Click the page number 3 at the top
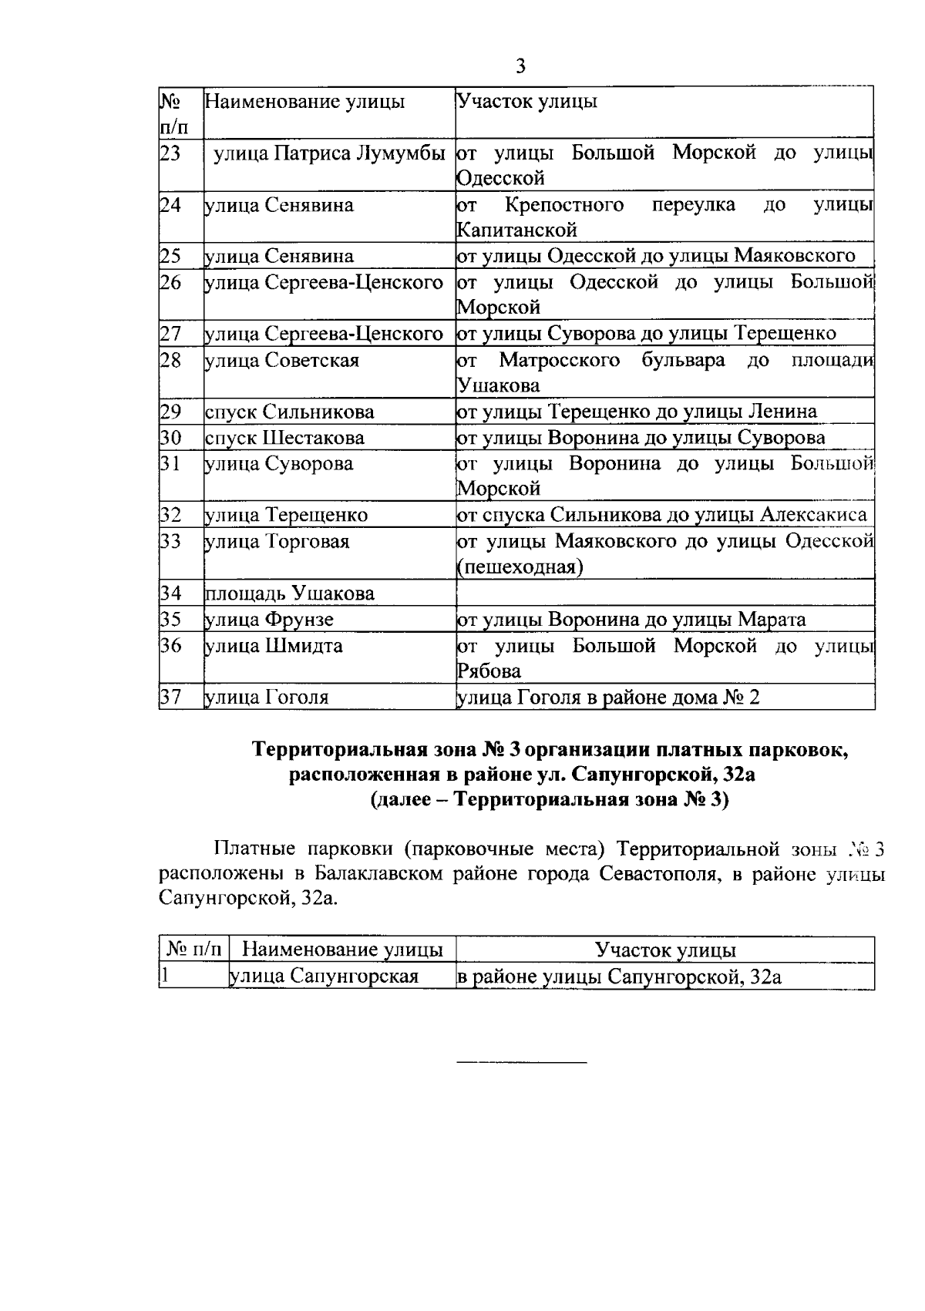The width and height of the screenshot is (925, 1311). coord(520,66)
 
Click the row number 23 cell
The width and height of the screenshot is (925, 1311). coord(170,153)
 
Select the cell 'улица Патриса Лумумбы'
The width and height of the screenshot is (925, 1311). coord(329,153)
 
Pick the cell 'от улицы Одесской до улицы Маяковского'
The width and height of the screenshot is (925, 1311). coord(656,256)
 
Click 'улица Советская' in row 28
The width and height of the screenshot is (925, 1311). coord(282,360)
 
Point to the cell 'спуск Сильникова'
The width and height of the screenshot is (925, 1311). coord(290,412)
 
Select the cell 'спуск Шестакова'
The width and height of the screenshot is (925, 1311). coord(285,438)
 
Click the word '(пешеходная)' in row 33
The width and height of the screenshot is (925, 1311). coord(520,567)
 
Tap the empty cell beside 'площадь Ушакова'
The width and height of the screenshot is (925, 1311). coord(664,593)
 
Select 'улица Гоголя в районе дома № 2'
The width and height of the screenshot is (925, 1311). coord(608,698)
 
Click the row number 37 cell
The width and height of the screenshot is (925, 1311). coord(170,698)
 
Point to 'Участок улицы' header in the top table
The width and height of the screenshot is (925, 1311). coord(527,102)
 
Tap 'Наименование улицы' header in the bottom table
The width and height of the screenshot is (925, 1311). coord(342,950)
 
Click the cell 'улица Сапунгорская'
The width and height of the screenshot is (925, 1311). coord(325,977)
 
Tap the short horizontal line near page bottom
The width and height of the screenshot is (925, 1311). coord(522,1064)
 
